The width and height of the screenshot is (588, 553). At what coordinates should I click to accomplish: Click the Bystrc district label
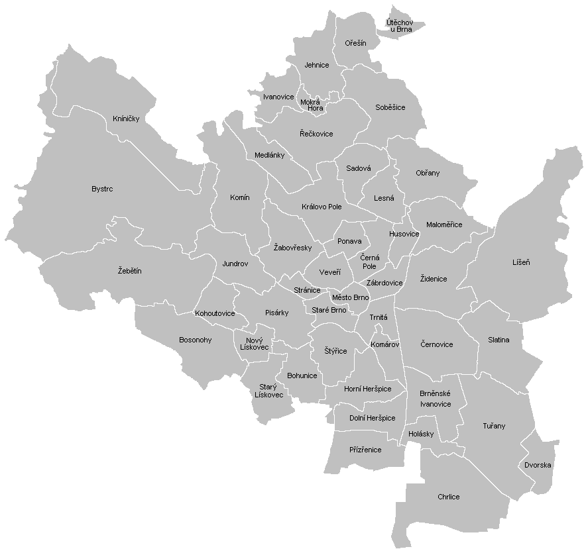pyautogui.click(x=102, y=189)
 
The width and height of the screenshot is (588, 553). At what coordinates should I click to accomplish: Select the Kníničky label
pyautogui.click(x=126, y=119)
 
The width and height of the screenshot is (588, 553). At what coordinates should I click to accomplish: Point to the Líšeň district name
pyautogui.click(x=521, y=262)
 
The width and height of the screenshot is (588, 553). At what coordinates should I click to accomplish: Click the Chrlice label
pyautogui.click(x=449, y=497)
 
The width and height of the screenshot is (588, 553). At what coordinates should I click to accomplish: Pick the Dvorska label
pyautogui.click(x=538, y=465)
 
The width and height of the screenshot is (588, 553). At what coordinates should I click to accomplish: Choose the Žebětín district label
pyautogui.click(x=130, y=271)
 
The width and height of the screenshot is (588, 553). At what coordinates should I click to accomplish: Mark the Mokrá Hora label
pyautogui.click(x=311, y=105)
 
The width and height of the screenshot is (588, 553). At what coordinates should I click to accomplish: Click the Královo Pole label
pyautogui.click(x=322, y=207)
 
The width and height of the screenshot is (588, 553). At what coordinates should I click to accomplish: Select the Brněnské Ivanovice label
pyautogui.click(x=436, y=399)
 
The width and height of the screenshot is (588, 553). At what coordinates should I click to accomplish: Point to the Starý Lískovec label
pyautogui.click(x=269, y=391)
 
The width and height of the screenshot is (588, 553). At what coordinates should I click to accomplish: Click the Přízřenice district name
pyautogui.click(x=365, y=450)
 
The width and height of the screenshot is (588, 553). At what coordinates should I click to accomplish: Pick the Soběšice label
pyautogui.click(x=390, y=107)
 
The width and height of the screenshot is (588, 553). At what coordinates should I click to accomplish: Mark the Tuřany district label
pyautogui.click(x=494, y=427)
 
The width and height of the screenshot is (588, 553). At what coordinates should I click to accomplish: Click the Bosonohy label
pyautogui.click(x=196, y=340)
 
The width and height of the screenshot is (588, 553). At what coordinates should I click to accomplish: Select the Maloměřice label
pyautogui.click(x=444, y=225)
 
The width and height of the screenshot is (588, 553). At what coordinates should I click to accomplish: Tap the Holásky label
pyautogui.click(x=421, y=434)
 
